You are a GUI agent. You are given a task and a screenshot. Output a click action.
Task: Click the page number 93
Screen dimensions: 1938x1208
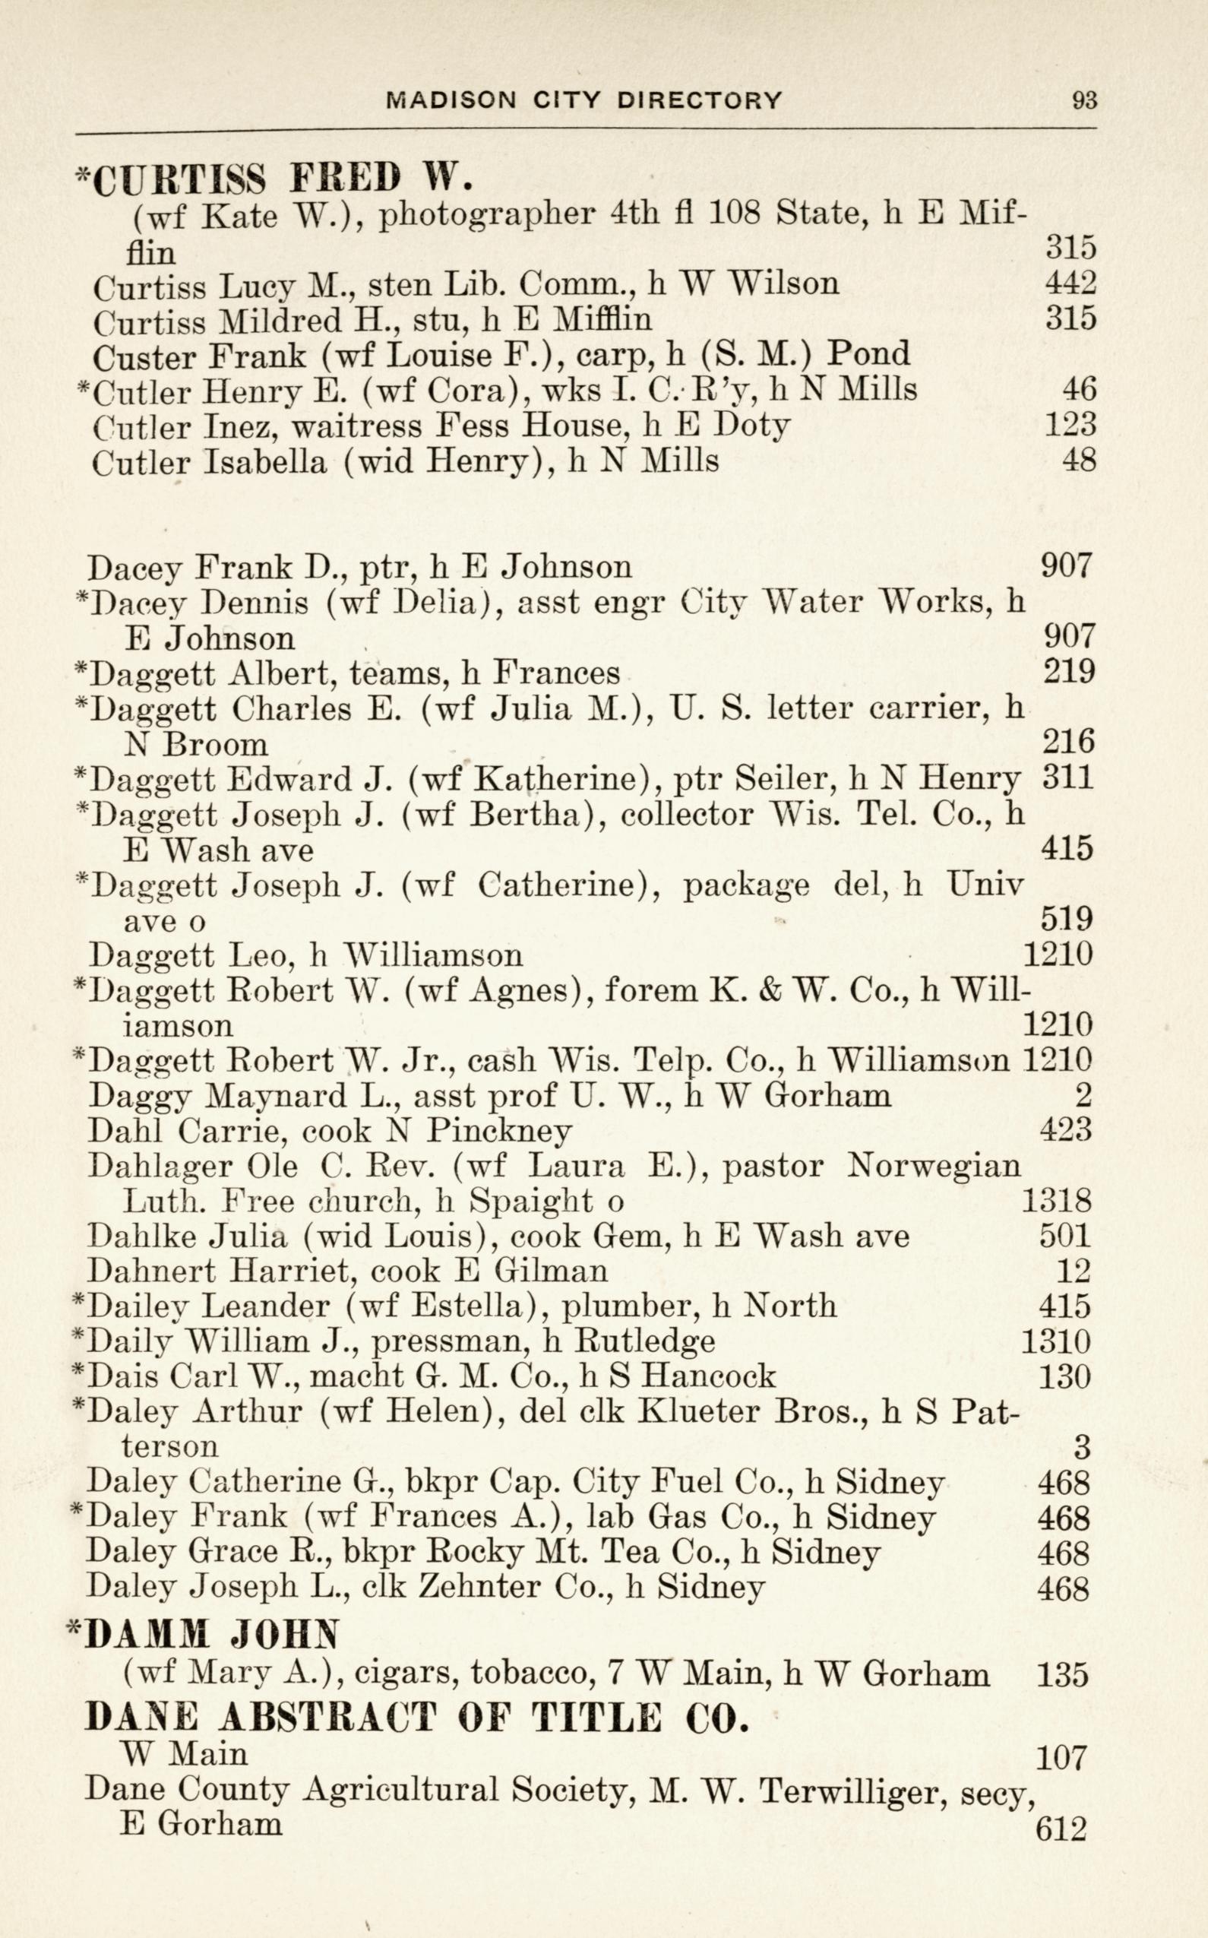click(1085, 100)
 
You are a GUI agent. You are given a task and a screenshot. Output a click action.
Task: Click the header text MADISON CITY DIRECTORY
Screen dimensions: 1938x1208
click(584, 100)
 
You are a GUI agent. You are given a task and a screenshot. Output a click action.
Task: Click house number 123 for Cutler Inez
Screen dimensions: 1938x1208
click(1070, 424)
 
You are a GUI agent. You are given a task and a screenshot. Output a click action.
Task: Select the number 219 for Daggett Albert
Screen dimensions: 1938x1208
click(1068, 672)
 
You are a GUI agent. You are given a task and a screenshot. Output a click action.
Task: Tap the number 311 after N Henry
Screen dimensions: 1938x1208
click(1068, 777)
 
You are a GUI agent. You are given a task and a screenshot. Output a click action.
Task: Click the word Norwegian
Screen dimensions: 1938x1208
click(933, 1166)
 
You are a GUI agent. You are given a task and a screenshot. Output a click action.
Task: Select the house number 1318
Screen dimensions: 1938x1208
click(1056, 1200)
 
